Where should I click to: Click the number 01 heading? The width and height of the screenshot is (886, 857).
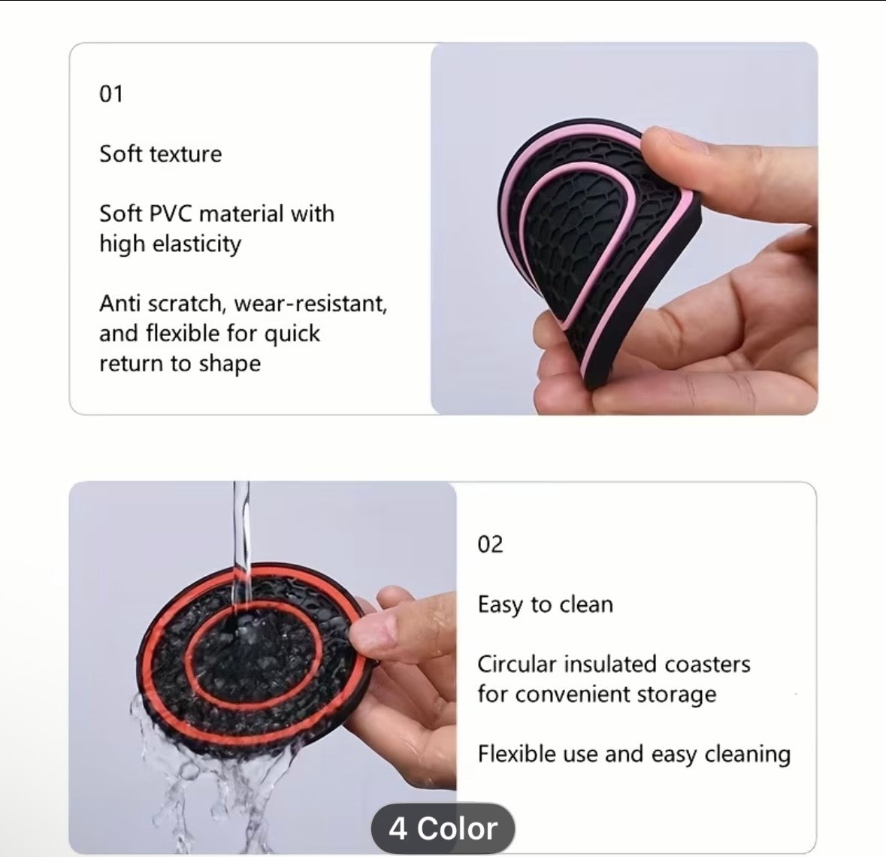click(x=111, y=94)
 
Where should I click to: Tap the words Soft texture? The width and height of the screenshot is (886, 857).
click(x=160, y=154)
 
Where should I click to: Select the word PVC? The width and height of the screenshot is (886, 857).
click(x=172, y=213)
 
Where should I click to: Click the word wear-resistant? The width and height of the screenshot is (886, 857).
click(x=310, y=304)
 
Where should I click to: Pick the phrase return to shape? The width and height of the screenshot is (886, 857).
click(x=180, y=364)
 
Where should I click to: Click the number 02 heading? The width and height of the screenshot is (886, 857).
click(x=490, y=544)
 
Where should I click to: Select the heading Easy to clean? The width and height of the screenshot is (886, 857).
click(x=545, y=604)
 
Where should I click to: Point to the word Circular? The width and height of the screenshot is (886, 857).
click(x=516, y=665)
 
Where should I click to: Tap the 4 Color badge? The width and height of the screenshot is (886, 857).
click(x=443, y=828)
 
